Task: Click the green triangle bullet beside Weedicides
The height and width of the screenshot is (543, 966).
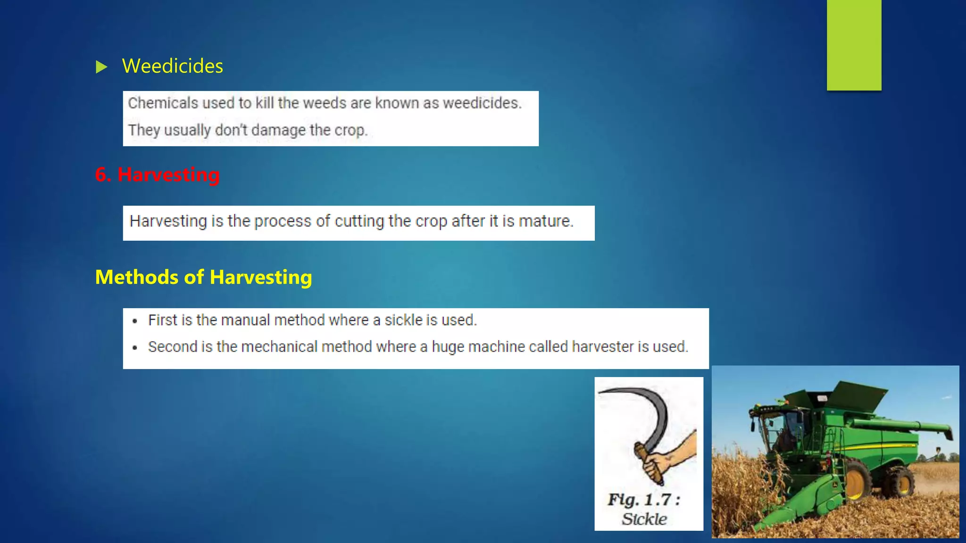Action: pyautogui.click(x=101, y=67)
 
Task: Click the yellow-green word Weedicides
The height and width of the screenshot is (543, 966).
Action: pyautogui.click(x=173, y=66)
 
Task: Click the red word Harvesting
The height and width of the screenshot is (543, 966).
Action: pyautogui.click(x=168, y=174)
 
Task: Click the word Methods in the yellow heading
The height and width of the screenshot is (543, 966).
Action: pyautogui.click(x=137, y=277)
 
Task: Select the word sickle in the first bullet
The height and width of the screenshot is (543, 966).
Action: pyautogui.click(x=403, y=320)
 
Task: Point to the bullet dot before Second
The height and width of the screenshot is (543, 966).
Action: pyautogui.click(x=135, y=348)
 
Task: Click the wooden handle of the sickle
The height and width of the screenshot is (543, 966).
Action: pyautogui.click(x=649, y=464)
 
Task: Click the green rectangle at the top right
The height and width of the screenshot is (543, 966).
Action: pyautogui.click(x=854, y=45)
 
